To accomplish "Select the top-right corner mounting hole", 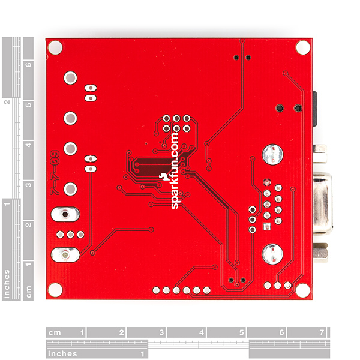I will click(304, 47).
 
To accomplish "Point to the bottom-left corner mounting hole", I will click(55, 290).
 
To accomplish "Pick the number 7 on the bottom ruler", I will click(321, 332).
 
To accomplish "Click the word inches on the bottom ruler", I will click(62, 354).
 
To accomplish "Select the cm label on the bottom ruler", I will click(55, 332).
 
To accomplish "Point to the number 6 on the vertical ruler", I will click(28, 64).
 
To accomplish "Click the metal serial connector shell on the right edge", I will click(321, 204).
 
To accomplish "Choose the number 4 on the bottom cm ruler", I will click(201, 332).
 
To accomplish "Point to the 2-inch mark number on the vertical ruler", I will click(7, 101).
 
